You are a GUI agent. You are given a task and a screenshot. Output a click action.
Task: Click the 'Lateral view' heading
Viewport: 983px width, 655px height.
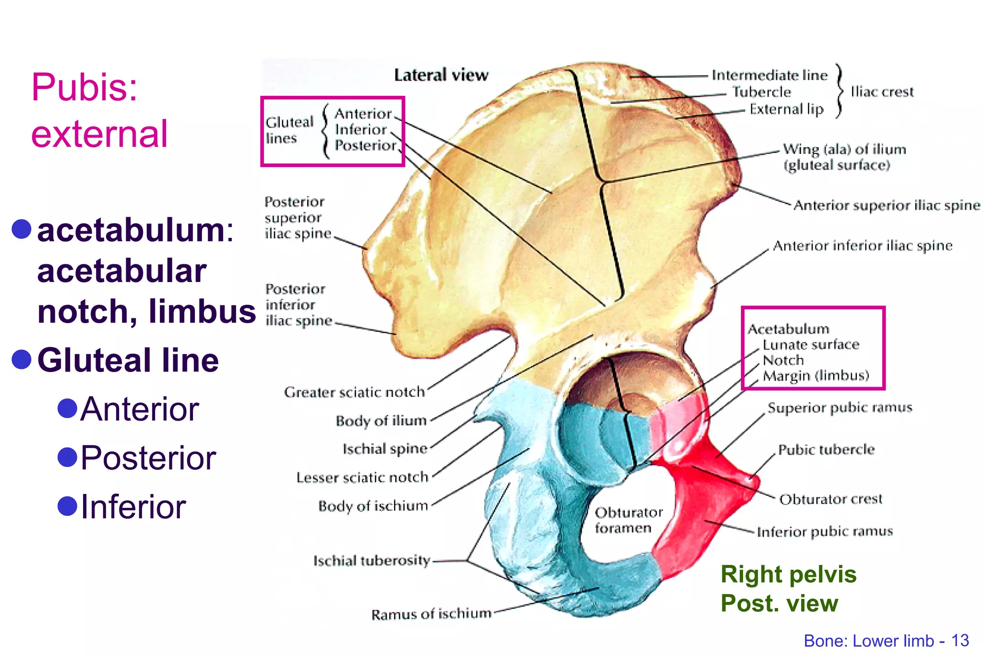click(x=441, y=75)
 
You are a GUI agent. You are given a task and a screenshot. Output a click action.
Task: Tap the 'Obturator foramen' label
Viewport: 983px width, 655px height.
click(x=628, y=520)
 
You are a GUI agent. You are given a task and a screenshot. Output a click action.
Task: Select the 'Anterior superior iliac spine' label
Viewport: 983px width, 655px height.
click(x=886, y=205)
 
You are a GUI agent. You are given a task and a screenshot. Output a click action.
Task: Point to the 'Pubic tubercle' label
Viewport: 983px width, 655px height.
click(x=826, y=449)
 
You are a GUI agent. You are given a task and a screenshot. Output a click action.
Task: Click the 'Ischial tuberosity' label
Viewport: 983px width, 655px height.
click(x=372, y=560)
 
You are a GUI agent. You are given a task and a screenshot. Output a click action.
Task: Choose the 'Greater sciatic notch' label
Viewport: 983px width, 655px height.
click(x=354, y=392)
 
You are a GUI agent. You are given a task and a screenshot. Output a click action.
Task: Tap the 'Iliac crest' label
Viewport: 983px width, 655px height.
click(x=882, y=92)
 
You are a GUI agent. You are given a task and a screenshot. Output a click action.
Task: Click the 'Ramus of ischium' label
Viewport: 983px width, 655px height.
click(x=431, y=614)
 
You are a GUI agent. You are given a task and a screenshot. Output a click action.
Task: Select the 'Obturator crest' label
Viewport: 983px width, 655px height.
click(x=830, y=499)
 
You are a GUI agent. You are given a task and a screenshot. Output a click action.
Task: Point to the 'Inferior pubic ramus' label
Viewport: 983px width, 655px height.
click(x=825, y=531)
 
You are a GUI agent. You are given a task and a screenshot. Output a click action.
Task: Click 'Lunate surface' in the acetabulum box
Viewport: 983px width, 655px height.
click(x=811, y=344)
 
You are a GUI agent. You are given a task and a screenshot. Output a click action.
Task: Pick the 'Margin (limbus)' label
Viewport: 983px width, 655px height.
click(x=815, y=375)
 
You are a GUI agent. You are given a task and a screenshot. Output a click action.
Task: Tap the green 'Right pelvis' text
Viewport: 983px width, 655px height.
click(x=788, y=574)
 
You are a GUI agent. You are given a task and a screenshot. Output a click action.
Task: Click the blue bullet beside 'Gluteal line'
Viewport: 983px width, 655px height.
click(x=22, y=360)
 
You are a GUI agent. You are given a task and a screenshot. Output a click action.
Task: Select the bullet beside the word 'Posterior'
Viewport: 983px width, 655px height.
click(x=67, y=457)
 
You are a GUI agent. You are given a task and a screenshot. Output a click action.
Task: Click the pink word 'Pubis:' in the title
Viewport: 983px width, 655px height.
click(x=84, y=87)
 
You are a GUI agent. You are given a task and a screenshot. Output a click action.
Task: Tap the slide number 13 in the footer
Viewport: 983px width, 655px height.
click(x=960, y=641)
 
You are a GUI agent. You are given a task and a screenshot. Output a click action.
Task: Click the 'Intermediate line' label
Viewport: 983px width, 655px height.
click(x=769, y=75)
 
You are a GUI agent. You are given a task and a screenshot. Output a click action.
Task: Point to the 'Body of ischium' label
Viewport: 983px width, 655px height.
click(x=373, y=506)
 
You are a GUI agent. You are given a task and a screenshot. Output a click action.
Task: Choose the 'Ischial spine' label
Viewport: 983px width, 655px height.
click(x=384, y=449)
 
